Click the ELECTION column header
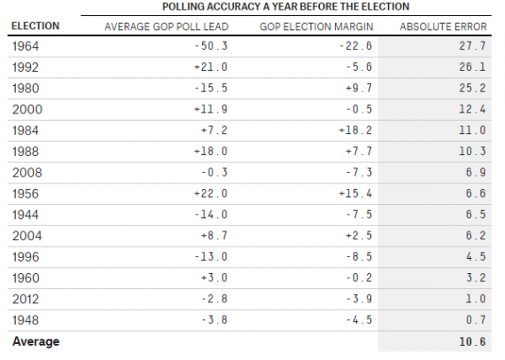(35, 26)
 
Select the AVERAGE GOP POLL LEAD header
(167, 27)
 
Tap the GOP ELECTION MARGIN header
(316, 27)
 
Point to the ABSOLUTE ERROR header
(443, 27)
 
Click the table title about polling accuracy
(285, 7)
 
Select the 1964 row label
(26, 46)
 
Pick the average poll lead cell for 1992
(211, 67)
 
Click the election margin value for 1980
(359, 88)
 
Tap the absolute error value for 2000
(472, 109)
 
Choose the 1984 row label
(26, 130)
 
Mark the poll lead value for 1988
(211, 151)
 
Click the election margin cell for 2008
(359, 172)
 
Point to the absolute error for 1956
(476, 193)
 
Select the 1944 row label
(26, 215)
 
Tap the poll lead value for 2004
(214, 236)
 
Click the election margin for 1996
(359, 256)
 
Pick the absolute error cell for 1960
(476, 278)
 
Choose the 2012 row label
(26, 299)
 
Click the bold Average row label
(35, 341)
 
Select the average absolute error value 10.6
(472, 341)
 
